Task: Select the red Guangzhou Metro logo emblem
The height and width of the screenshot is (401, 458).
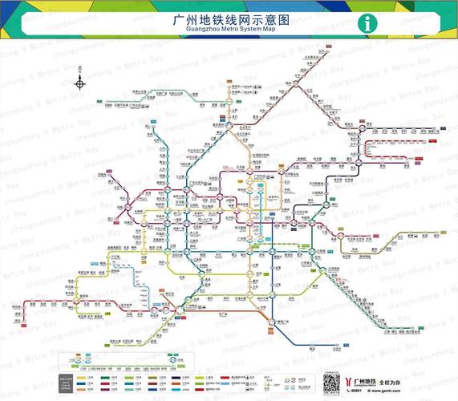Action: point(352,380)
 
